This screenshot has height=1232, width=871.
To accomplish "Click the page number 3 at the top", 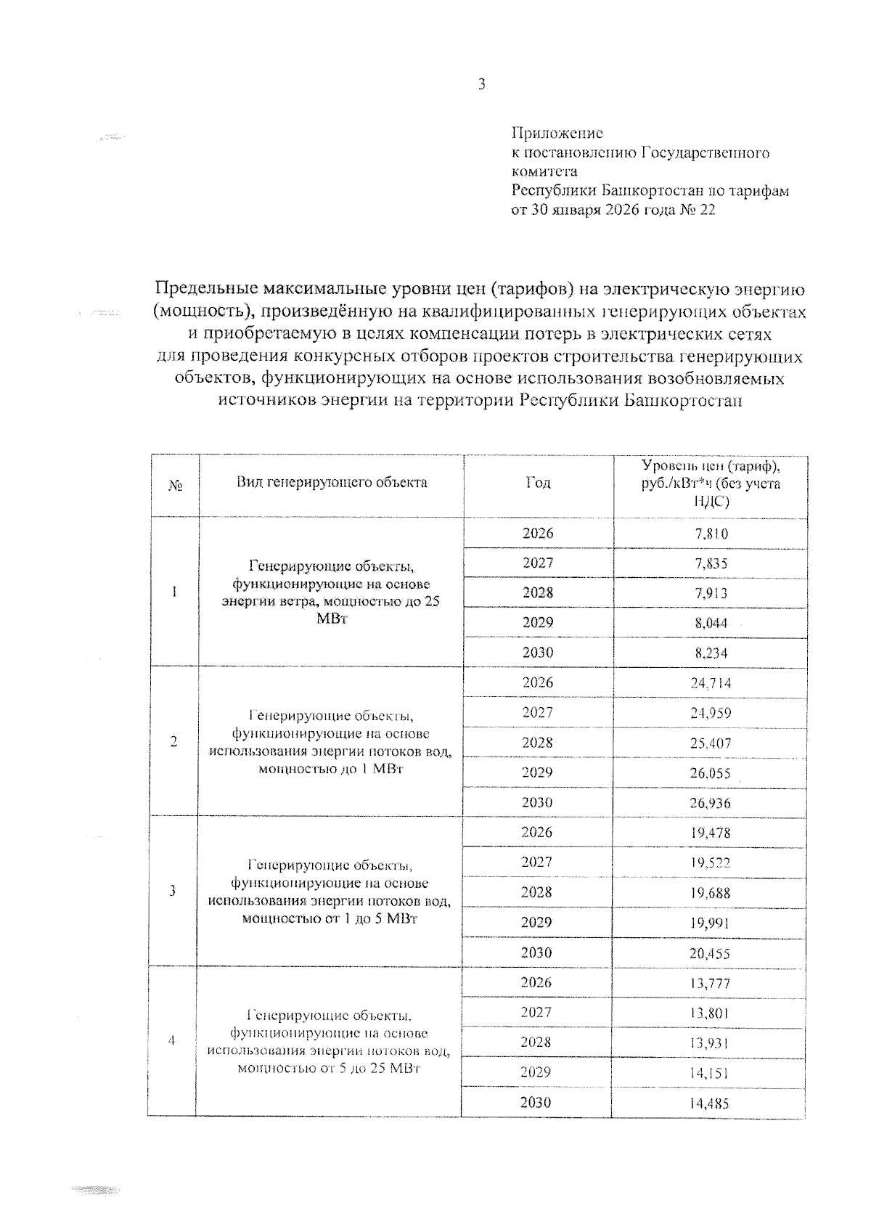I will pos(481,85).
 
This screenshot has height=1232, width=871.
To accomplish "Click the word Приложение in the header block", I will pos(557,134).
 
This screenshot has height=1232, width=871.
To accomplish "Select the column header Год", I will pos(538,484).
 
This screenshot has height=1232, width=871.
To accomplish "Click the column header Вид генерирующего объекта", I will pos(331,483).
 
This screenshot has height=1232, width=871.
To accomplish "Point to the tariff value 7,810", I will pos(711,534).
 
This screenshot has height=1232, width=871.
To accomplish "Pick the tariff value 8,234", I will pos(711,653).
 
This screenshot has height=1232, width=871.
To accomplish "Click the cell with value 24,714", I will pos(711,683).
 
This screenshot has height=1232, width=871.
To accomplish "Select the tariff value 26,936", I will pos(711,804).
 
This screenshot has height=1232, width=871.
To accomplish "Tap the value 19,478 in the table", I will pos(711,833).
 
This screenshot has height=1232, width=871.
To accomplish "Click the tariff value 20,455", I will pos(711,954).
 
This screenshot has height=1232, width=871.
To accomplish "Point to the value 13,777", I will pos(711,984).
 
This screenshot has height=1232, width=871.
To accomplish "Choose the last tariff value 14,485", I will pos(711,1104).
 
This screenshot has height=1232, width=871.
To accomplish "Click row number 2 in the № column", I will pos(173,742).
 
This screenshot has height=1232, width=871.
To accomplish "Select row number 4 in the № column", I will pos(172,1041).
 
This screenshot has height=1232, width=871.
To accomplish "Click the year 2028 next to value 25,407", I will pos(537,743).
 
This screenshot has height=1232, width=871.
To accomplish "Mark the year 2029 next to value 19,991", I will pos(537,923).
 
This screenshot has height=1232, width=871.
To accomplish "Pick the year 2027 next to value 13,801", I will pos(537,1013).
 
